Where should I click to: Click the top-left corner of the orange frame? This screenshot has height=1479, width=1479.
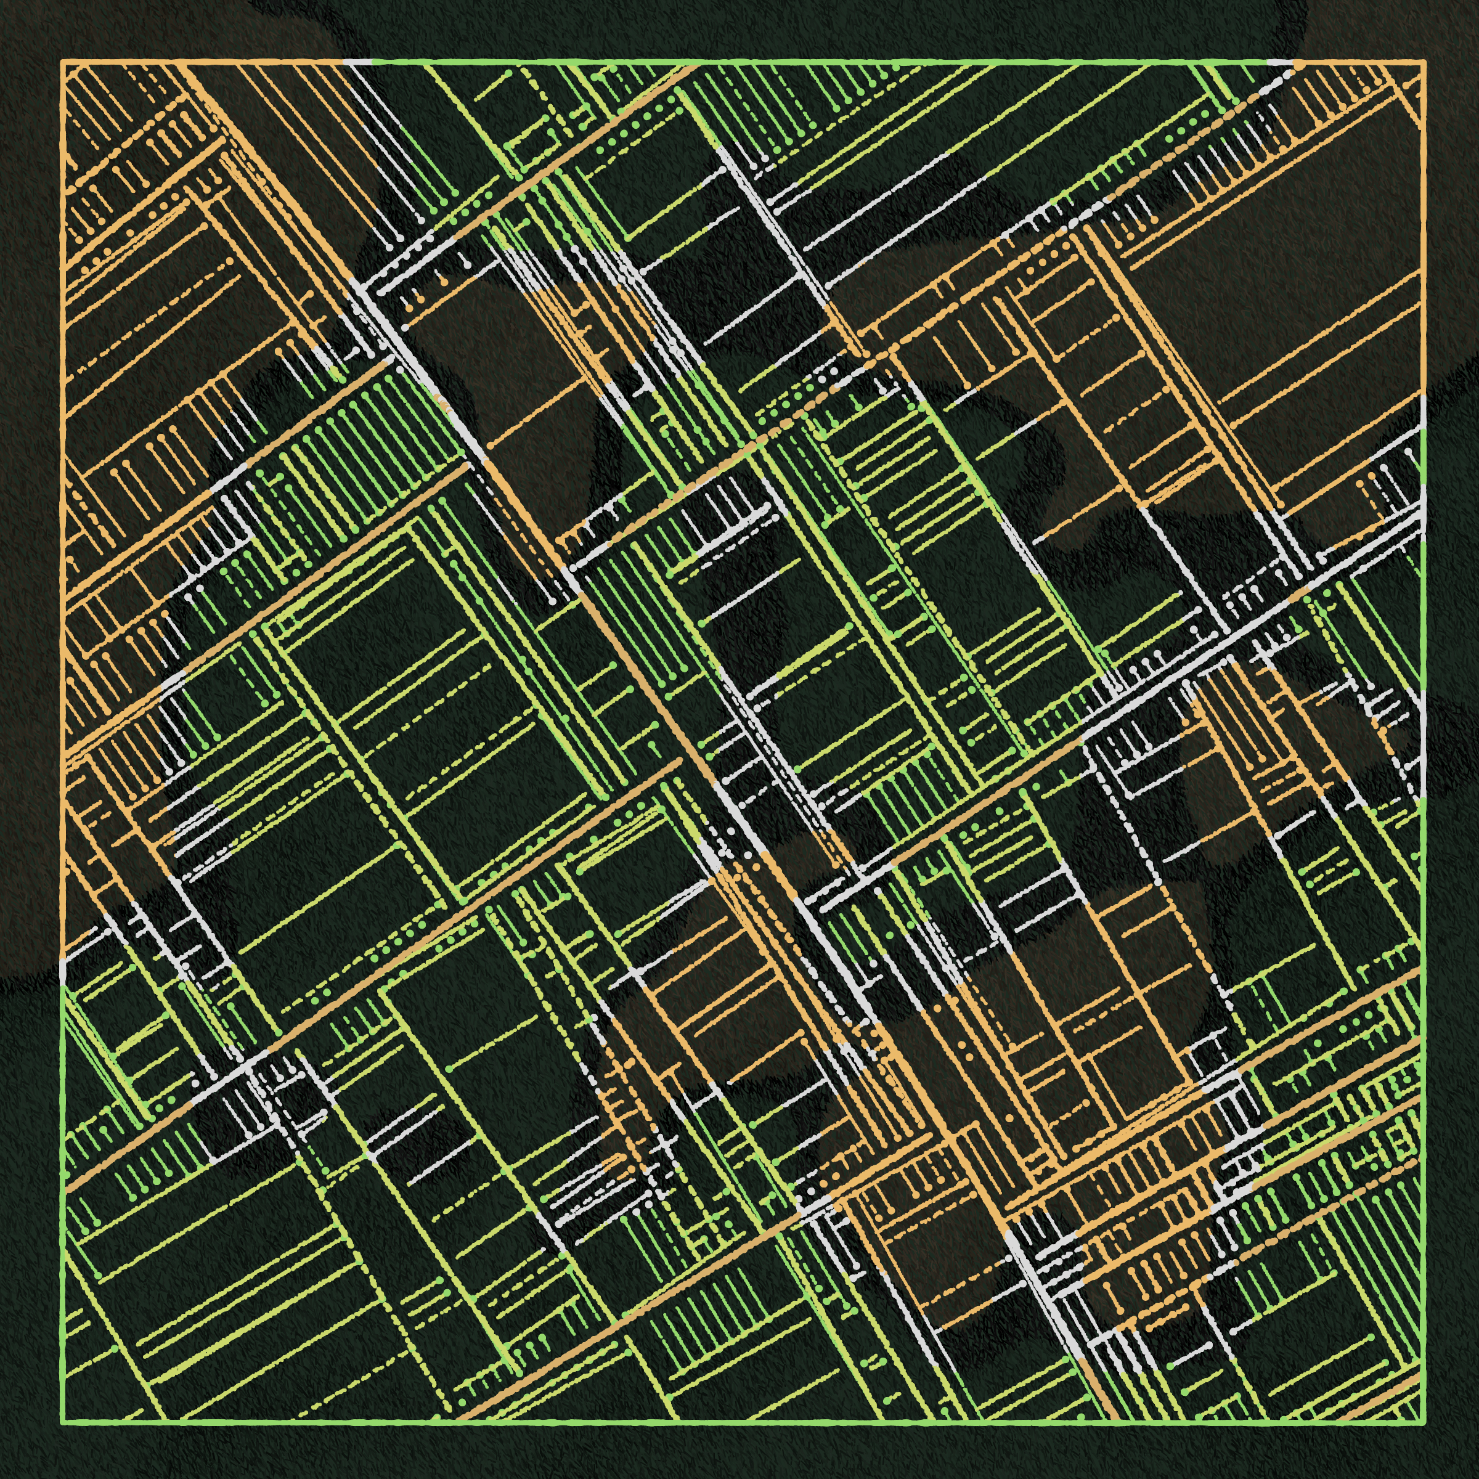(x=63, y=61)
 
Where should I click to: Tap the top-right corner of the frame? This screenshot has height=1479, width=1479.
(x=1424, y=61)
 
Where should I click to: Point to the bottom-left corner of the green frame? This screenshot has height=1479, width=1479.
(x=63, y=1422)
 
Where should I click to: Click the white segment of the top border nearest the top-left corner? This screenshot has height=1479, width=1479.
(x=357, y=61)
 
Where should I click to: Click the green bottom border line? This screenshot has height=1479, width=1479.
(x=743, y=1422)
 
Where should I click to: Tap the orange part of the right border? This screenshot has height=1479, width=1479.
(x=1424, y=230)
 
